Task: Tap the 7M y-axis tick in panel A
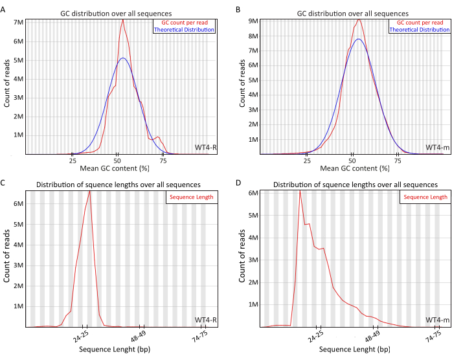[19, 22]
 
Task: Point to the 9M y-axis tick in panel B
[254, 21]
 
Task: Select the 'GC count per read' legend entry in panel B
[419, 22]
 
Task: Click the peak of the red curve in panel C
[89, 190]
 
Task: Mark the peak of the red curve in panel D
[300, 190]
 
